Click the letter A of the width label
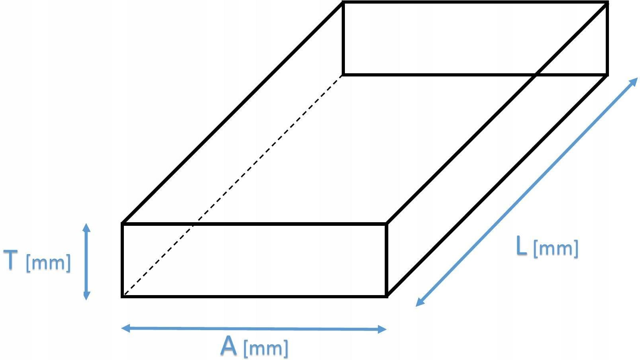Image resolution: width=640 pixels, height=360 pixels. pyautogui.click(x=229, y=346)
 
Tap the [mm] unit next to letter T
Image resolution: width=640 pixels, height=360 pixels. pyautogui.click(x=48, y=263)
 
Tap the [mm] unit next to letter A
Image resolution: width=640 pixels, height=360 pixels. pyautogui.click(x=265, y=348)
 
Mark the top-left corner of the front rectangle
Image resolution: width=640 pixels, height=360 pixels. pyautogui.click(x=122, y=224)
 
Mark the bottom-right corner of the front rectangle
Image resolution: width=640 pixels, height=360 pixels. pyautogui.click(x=386, y=296)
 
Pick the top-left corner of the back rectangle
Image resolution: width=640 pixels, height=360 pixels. pyautogui.click(x=343, y=3)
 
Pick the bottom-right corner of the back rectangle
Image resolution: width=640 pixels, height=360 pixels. pyautogui.click(x=607, y=74)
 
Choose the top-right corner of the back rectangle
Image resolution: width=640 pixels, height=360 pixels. pyautogui.click(x=607, y=3)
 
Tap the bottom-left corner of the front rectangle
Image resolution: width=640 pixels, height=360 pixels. pyautogui.click(x=122, y=296)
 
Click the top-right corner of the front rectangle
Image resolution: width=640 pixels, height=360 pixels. pyautogui.click(x=386, y=224)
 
